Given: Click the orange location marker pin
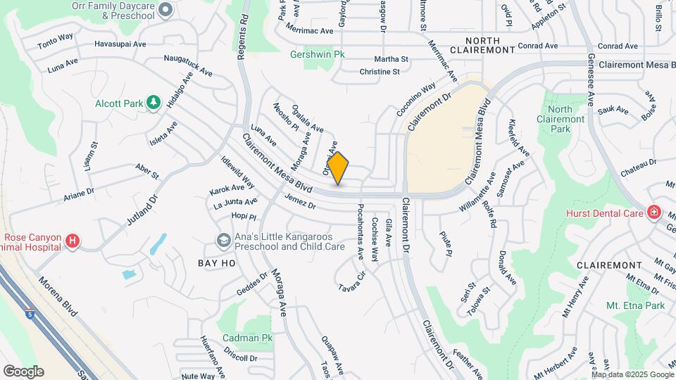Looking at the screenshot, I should coord(338,167).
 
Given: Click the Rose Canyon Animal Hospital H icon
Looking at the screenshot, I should coord(72,242).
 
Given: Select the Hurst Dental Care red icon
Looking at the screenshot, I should coord(653,213).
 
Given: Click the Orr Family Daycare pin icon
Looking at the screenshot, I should coord(165,10).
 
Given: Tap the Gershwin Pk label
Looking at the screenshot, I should coord(319,53).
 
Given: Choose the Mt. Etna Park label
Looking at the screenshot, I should coord(635,305).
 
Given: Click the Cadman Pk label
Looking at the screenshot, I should coord(246,338).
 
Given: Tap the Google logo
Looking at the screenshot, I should coord(23,371).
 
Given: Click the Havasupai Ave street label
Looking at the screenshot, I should coord(120,44).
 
